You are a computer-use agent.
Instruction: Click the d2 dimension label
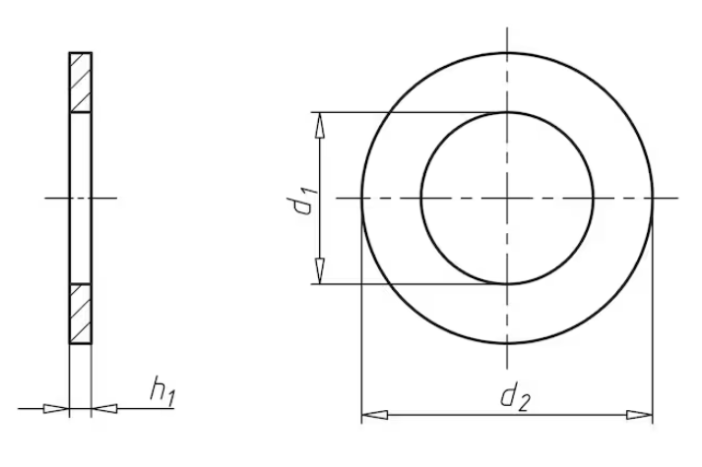click(x=515, y=396)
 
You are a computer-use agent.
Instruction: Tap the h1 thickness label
click(x=163, y=391)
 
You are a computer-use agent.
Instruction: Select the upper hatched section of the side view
click(x=81, y=83)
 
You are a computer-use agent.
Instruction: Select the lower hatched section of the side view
click(x=81, y=314)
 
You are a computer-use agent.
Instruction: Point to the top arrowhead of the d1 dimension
click(x=319, y=125)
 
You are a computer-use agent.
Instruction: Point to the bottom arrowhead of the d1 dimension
click(x=319, y=270)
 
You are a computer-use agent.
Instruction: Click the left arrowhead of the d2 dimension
click(x=374, y=415)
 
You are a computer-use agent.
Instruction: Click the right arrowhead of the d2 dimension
click(x=639, y=415)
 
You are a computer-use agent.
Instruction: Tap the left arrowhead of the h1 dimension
click(x=56, y=408)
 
